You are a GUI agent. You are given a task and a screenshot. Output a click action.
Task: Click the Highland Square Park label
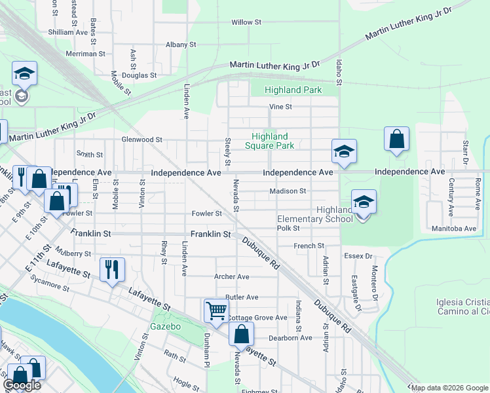click(273, 141)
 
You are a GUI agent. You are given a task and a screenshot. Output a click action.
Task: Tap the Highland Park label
click(293, 90)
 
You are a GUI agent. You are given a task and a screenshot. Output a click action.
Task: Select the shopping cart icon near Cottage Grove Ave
click(216, 310)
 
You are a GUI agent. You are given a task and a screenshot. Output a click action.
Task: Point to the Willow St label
click(246, 22)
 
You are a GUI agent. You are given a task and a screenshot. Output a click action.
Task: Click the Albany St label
click(181, 45)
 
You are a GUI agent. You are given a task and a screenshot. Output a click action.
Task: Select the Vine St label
click(280, 107)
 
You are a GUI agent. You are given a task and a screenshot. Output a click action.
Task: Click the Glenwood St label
click(141, 140)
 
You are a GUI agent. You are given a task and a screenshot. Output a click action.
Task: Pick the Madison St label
click(288, 191)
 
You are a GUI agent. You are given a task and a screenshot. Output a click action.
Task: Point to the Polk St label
click(288, 228)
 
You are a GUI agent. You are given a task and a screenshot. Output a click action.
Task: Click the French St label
click(309, 246)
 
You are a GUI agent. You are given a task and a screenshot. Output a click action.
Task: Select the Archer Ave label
click(232, 277)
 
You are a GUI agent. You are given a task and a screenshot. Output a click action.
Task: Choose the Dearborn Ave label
click(291, 338)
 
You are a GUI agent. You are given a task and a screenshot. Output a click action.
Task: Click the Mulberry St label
click(73, 253)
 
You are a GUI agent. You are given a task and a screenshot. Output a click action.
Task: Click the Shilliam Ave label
click(67, 31)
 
